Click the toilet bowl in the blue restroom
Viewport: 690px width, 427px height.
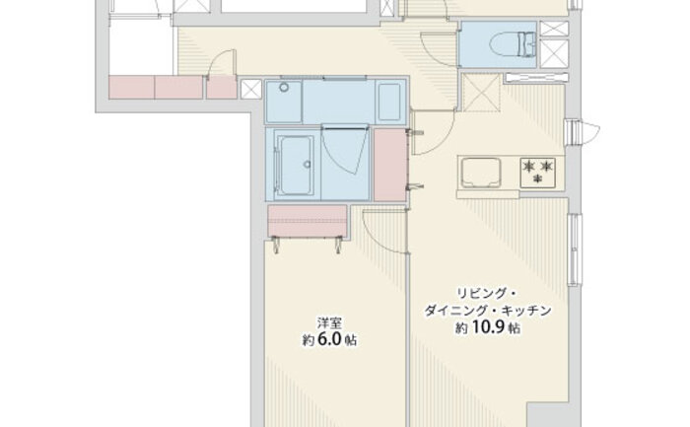(x=513, y=44)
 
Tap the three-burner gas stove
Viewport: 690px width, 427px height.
(x=537, y=173)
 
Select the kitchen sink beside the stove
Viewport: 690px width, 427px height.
(x=481, y=173)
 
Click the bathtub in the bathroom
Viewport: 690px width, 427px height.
(x=295, y=165)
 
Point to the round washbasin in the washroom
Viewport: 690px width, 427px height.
(x=284, y=87)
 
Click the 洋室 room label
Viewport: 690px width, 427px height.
(x=330, y=323)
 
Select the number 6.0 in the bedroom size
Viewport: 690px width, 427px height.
(x=328, y=340)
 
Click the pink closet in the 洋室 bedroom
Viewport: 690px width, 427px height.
(x=308, y=221)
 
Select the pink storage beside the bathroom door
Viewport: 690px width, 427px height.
(x=389, y=165)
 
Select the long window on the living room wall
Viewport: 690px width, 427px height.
(x=575, y=249)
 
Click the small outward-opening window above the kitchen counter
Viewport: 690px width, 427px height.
(x=582, y=131)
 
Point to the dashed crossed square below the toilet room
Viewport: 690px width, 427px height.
(x=481, y=93)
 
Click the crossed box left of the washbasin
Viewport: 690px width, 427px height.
(x=251, y=90)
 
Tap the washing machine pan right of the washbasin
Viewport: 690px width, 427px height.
(x=389, y=102)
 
